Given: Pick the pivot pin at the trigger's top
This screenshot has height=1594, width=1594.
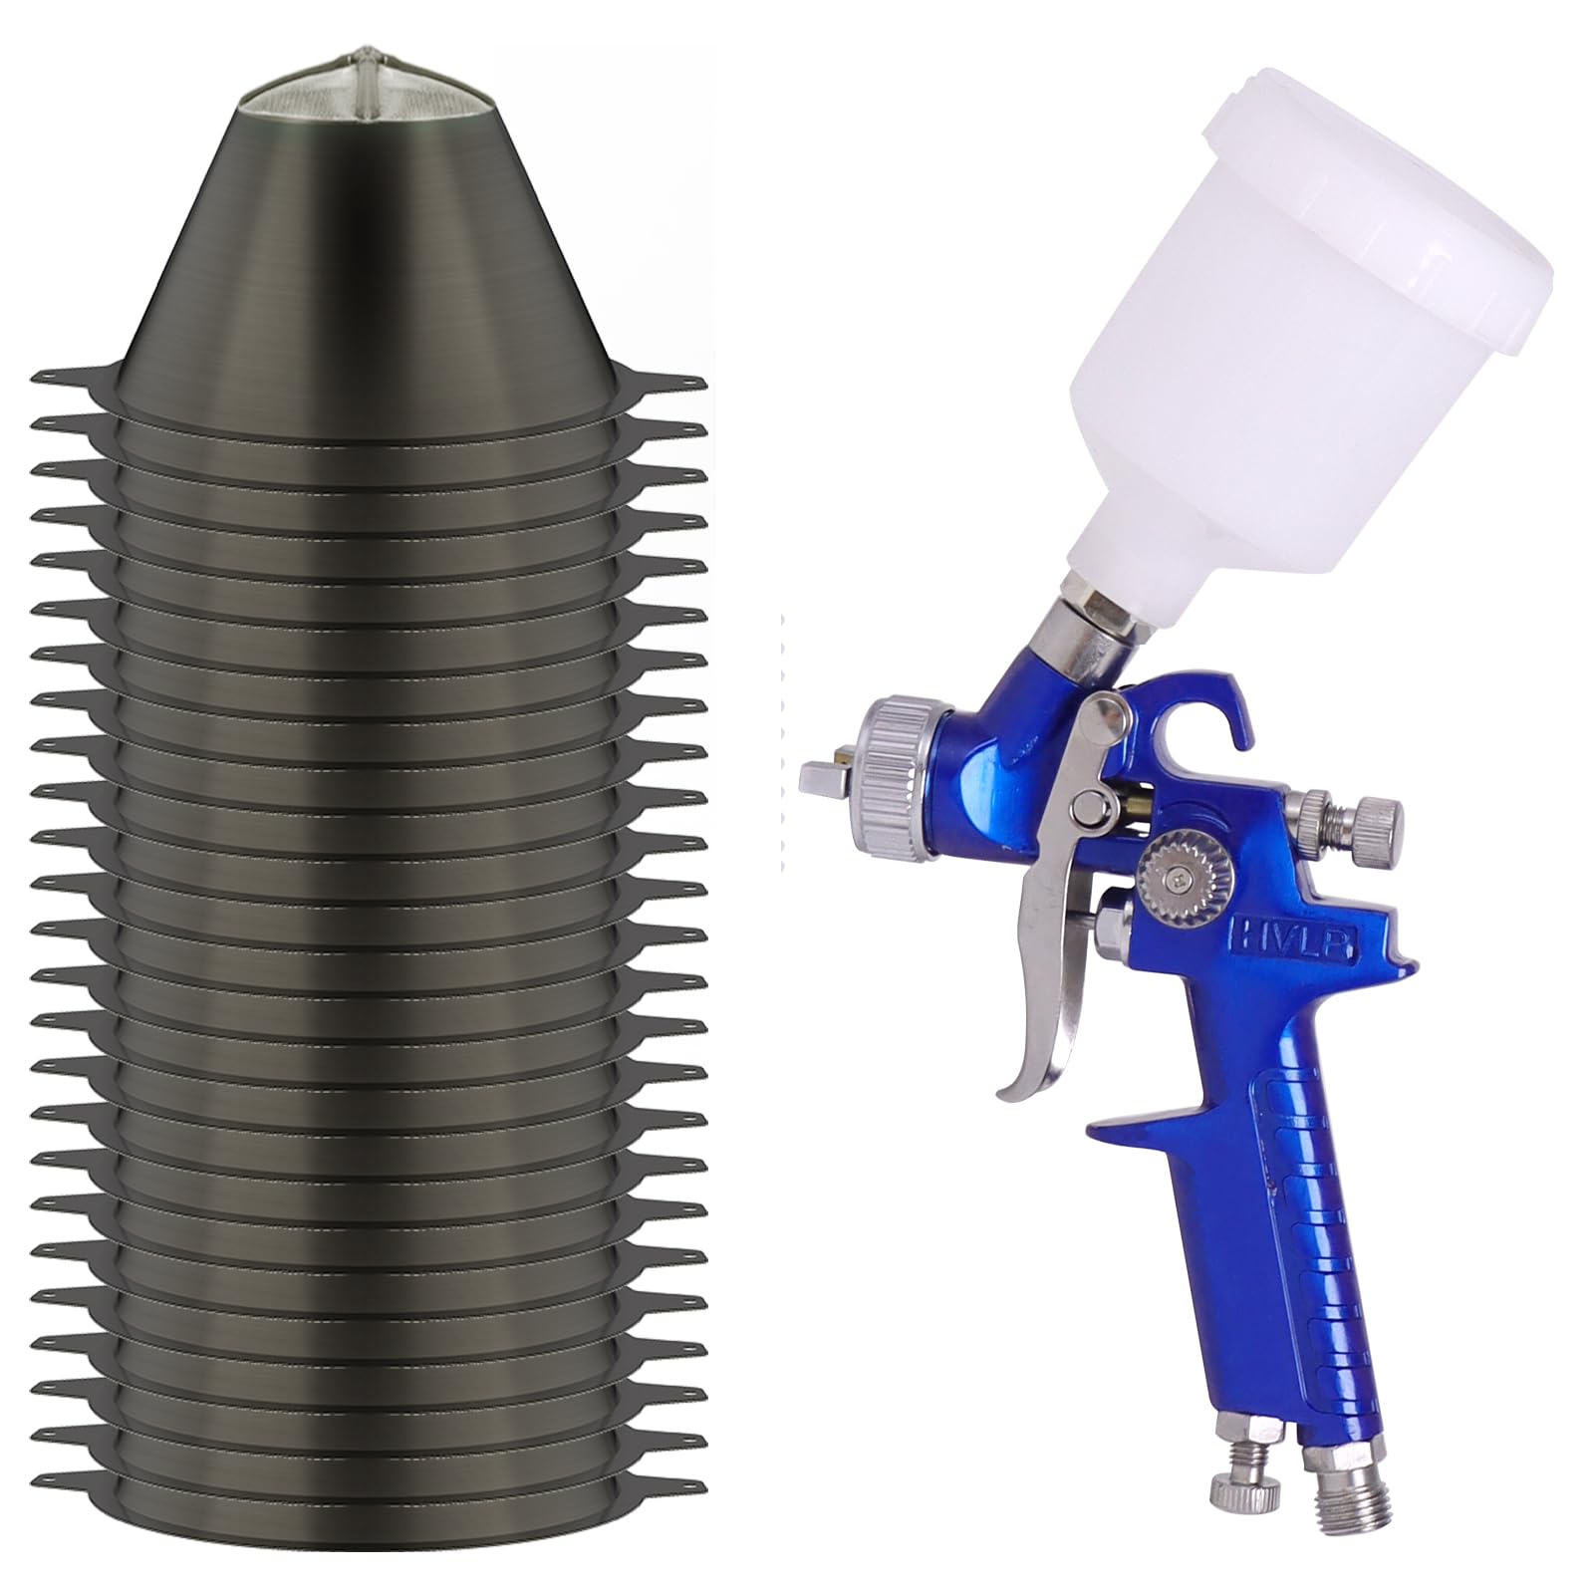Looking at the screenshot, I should point(1101,709).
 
